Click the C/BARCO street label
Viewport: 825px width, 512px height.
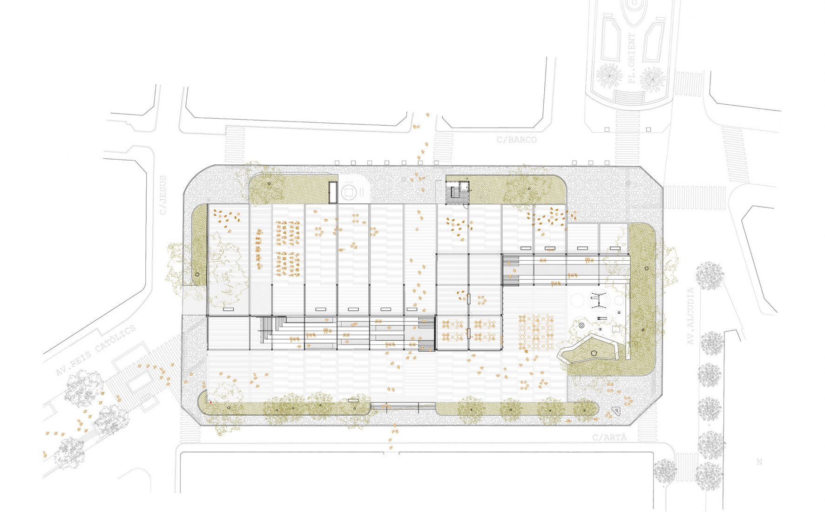click(x=516, y=140)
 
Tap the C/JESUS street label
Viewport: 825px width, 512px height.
click(x=162, y=195)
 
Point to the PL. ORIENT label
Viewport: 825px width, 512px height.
click(x=631, y=58)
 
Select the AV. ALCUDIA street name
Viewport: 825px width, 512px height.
click(x=690, y=317)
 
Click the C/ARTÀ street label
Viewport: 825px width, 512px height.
click(x=609, y=438)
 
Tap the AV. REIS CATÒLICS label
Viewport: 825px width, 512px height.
click(x=95, y=350)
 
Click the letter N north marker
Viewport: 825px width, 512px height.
click(x=759, y=462)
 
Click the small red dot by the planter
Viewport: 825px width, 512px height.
click(x=210, y=402)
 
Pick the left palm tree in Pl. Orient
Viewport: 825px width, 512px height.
click(x=609, y=76)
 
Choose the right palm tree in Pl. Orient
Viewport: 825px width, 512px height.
click(x=653, y=79)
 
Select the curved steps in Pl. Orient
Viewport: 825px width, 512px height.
click(x=630, y=98)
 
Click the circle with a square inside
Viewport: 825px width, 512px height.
click(x=349, y=191)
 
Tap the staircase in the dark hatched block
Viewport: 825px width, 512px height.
click(x=452, y=192)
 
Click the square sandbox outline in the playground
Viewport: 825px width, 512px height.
click(x=616, y=329)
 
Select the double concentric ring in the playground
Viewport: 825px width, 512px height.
click(x=581, y=326)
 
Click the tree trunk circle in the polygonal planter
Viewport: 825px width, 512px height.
click(x=594, y=353)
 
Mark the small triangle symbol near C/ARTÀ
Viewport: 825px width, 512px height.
click(x=616, y=411)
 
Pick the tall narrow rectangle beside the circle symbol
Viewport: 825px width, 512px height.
click(x=333, y=192)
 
